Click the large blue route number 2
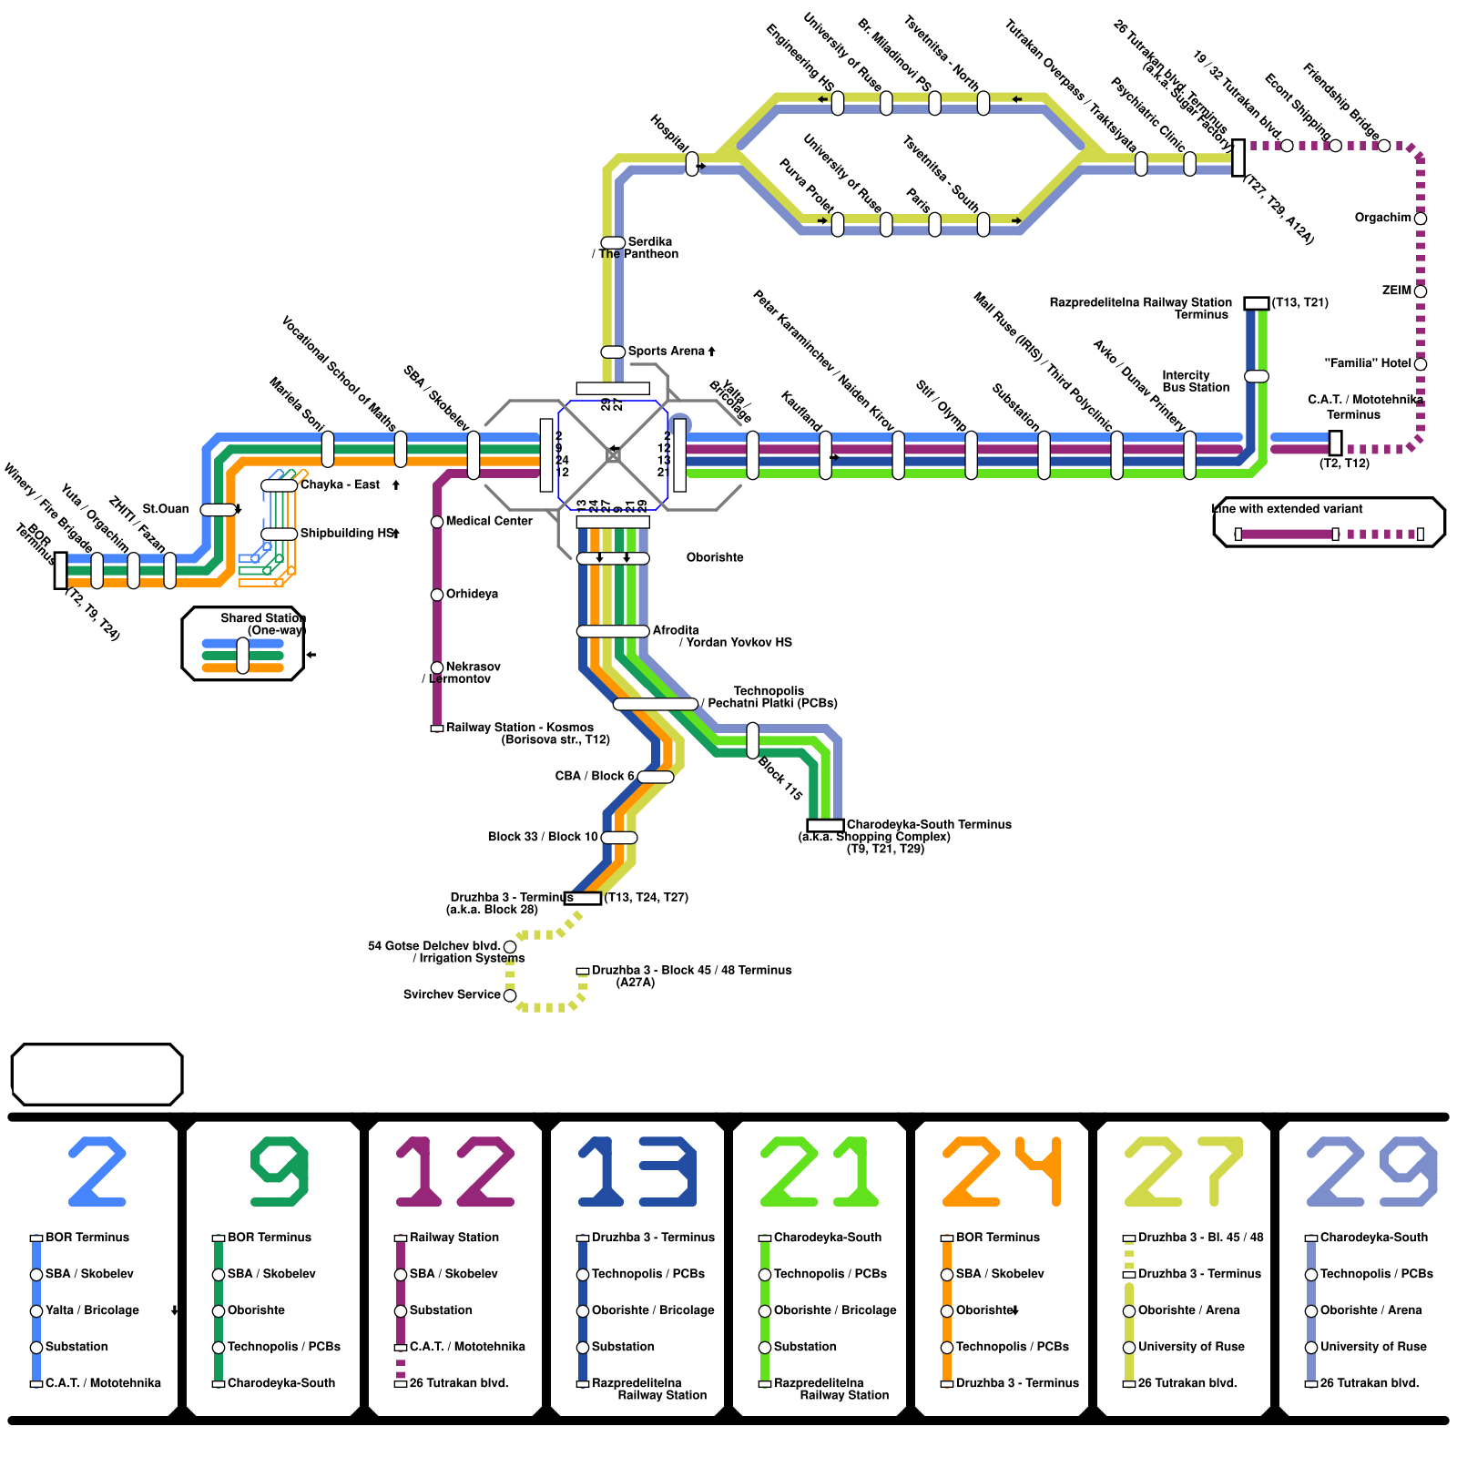point(97,1172)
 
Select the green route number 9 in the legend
point(280,1172)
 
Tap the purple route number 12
point(455,1172)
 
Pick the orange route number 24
point(1002,1172)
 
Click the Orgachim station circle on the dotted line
point(1421,219)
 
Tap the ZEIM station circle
point(1421,291)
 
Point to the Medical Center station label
point(489,521)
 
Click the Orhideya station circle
point(437,595)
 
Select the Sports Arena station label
point(667,352)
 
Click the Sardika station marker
point(613,242)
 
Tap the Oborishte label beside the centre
point(714,557)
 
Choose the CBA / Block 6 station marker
point(656,777)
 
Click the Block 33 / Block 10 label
point(543,837)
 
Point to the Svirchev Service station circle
point(510,995)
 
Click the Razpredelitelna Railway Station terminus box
point(1257,303)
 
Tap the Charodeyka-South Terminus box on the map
point(825,826)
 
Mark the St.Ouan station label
point(166,509)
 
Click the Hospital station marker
point(692,164)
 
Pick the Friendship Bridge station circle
point(1384,146)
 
